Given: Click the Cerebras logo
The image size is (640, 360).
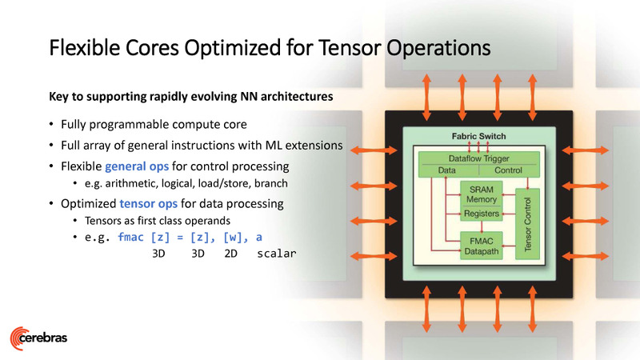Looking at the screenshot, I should (x=38, y=336).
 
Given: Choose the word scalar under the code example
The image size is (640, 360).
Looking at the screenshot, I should (x=277, y=254).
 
